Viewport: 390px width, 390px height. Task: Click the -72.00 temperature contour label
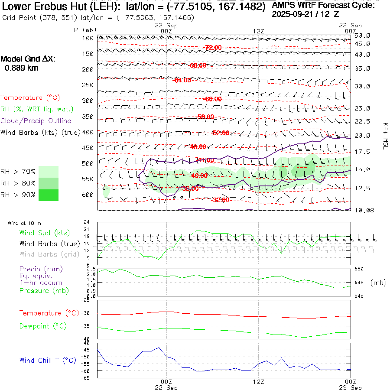(x=213, y=47)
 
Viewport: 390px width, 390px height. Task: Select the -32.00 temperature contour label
(x=221, y=200)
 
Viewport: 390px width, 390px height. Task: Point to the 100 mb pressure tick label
(x=88, y=38)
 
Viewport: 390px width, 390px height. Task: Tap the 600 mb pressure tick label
(x=88, y=194)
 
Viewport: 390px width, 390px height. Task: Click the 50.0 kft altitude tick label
(x=362, y=36)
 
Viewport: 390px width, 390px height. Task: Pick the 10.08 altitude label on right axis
(x=362, y=210)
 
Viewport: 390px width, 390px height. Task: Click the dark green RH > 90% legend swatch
(x=49, y=195)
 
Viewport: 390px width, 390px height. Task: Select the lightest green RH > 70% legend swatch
(x=49, y=172)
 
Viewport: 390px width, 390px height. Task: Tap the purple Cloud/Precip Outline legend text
(x=36, y=121)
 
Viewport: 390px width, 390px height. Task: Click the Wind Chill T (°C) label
(x=48, y=361)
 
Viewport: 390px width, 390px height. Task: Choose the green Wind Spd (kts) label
(x=45, y=233)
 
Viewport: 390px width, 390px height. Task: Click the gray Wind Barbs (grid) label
(x=49, y=254)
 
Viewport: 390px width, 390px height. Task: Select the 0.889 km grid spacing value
(x=21, y=68)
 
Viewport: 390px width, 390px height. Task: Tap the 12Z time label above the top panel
(x=258, y=31)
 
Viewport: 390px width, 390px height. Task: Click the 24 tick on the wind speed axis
(x=87, y=222)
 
